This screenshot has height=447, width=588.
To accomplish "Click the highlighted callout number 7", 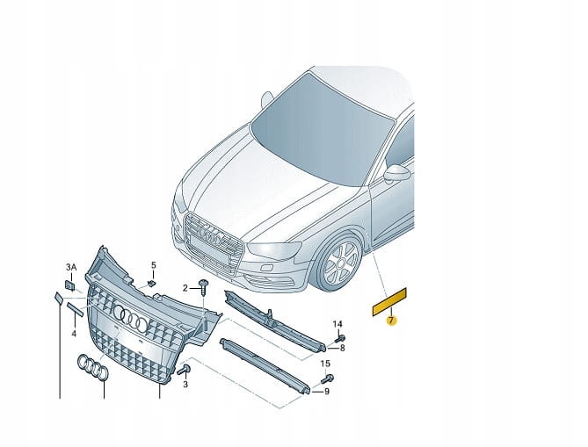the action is click(x=391, y=321).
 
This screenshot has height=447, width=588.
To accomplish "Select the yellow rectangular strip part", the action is click(x=389, y=301).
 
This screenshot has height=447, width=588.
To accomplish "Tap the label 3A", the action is click(x=71, y=267).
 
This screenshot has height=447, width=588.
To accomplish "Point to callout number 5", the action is click(x=154, y=265).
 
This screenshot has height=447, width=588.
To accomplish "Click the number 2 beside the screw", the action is click(x=185, y=288).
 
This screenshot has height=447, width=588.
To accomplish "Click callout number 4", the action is click(x=74, y=333).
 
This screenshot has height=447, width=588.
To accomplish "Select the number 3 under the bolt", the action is click(x=185, y=385).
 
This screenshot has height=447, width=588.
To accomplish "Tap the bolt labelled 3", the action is click(x=185, y=370).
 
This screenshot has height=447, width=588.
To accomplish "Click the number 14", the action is click(x=338, y=324).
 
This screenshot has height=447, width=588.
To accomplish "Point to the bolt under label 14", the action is click(x=340, y=338).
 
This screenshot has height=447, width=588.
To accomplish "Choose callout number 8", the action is click(x=343, y=348).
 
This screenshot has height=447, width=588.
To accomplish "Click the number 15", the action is click(x=325, y=364).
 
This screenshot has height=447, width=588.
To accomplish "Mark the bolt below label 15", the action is click(x=328, y=379).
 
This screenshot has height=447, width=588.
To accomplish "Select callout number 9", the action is click(x=327, y=392).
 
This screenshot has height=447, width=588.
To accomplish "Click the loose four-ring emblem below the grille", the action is click(x=93, y=367).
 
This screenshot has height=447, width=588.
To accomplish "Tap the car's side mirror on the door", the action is click(x=397, y=173).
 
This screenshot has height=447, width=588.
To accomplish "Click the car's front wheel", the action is click(x=339, y=263).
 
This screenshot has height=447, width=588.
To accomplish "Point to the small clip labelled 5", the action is click(x=151, y=283).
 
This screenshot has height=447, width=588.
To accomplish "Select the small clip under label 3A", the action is click(x=69, y=285).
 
